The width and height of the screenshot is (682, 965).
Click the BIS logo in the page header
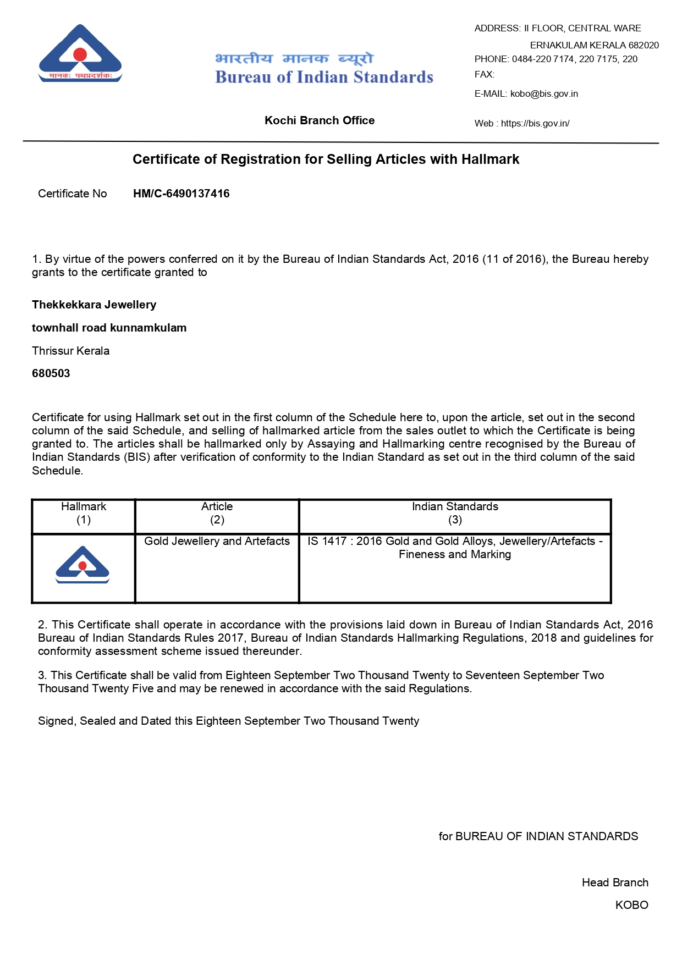pyautogui.click(x=80, y=54)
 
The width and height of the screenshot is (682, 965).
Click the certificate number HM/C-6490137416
pyautogui.click(x=181, y=194)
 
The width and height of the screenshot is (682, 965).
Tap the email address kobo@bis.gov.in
pyautogui.click(x=544, y=93)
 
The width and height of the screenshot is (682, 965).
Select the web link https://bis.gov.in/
pyautogui.click(x=535, y=123)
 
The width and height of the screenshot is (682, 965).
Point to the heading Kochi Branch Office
pyautogui.click(x=320, y=120)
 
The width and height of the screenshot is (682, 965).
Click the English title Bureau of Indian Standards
pyautogui.click(x=324, y=77)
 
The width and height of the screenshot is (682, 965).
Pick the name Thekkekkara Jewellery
pyautogui.click(x=94, y=305)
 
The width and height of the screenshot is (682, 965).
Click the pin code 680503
pyautogui.click(x=51, y=373)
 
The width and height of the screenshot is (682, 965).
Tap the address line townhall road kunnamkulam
pyautogui.click(x=109, y=328)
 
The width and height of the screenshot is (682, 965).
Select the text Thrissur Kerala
pyautogui.click(x=70, y=351)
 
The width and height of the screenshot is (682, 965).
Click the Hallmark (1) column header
pyautogui.click(x=84, y=513)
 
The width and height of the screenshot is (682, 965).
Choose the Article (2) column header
pyautogui.click(x=217, y=513)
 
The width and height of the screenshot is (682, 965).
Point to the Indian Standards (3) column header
pyautogui.click(x=455, y=513)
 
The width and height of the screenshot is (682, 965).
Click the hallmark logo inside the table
pyautogui.click(x=82, y=565)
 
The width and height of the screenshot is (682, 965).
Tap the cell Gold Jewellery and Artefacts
pyautogui.click(x=217, y=541)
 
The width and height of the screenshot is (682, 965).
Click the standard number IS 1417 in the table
pyautogui.click(x=327, y=541)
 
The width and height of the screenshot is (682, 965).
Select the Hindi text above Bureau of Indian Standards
pyautogui.click(x=294, y=58)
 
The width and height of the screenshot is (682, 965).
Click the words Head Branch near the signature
pyautogui.click(x=615, y=883)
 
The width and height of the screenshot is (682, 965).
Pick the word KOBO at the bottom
pyautogui.click(x=631, y=905)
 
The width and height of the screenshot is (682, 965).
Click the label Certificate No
pyautogui.click(x=72, y=194)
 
